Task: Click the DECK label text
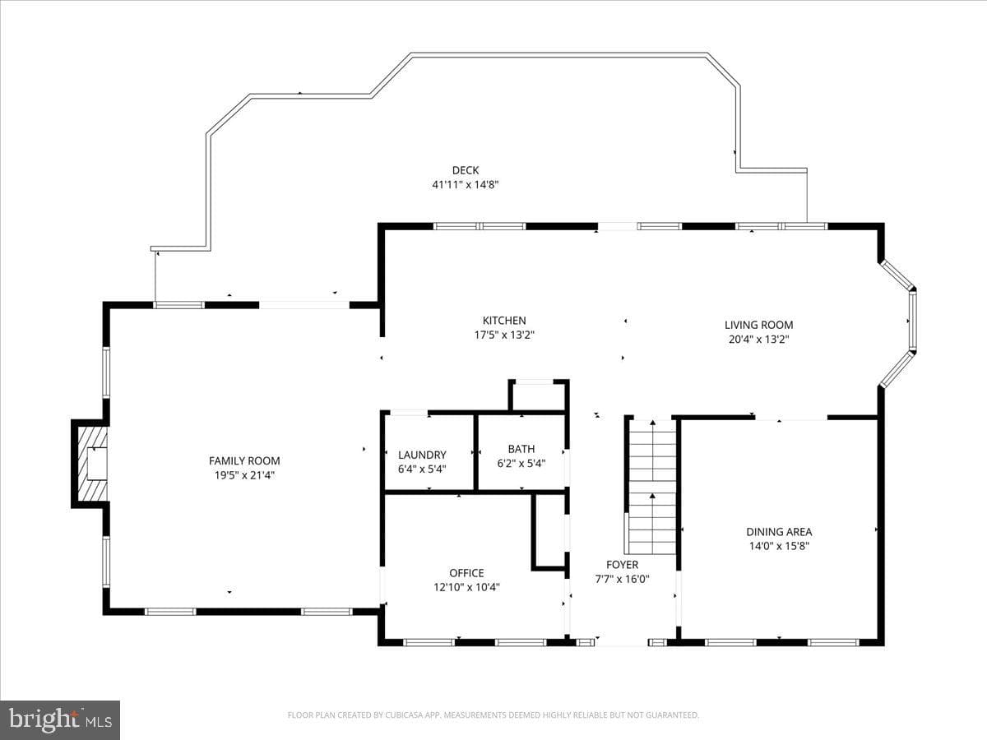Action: [466, 170]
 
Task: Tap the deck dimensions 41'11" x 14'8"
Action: [466, 185]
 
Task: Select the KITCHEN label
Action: [504, 321]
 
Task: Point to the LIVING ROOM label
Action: [758, 325]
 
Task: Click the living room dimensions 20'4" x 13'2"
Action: [758, 340]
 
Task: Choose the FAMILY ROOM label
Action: [244, 460]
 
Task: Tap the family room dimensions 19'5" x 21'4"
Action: [244, 475]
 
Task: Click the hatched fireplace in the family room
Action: [93, 463]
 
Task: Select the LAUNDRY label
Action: [422, 455]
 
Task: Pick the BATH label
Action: [521, 449]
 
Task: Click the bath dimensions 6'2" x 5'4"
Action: [521, 463]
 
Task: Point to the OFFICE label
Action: [466, 573]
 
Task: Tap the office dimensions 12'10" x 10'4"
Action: [466, 587]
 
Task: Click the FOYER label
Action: [622, 565]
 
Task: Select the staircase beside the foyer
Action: [651, 487]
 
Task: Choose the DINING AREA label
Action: [779, 532]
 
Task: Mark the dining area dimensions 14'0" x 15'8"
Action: [779, 546]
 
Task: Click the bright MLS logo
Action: [60, 720]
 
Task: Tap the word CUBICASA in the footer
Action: [404, 715]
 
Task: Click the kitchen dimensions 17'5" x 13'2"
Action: [504, 335]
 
